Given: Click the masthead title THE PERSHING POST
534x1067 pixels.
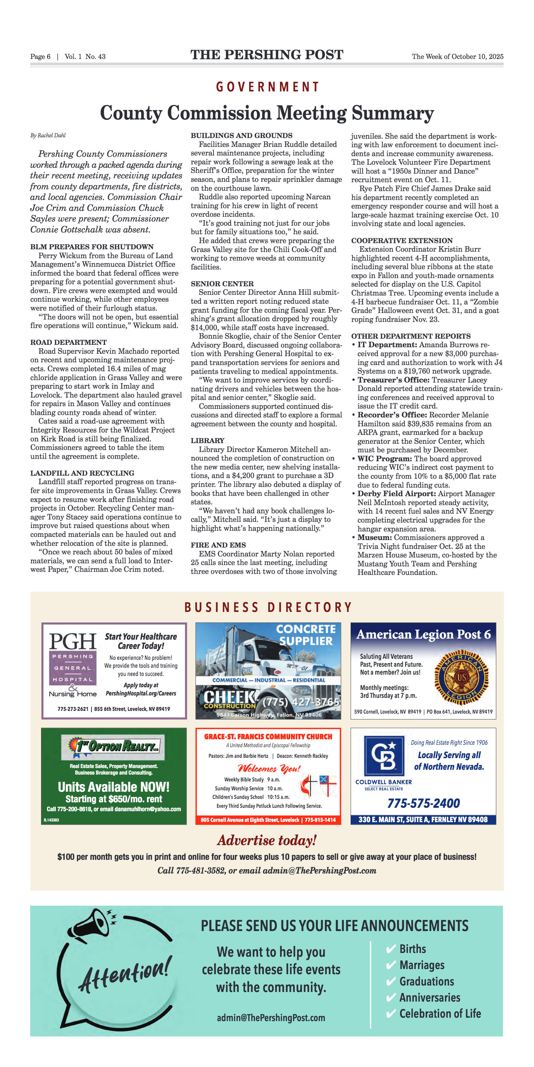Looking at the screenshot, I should (x=267, y=55).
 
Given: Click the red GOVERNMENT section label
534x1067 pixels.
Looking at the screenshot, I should (x=267, y=87).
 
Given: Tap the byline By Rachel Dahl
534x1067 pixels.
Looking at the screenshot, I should (x=48, y=136).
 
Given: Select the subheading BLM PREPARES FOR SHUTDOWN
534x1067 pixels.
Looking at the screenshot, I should (x=92, y=247).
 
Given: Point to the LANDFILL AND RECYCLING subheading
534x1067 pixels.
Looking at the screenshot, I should (x=82, y=473).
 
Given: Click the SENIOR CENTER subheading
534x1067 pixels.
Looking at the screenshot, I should (x=222, y=284).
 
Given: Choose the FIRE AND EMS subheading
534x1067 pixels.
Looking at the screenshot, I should (x=218, y=545).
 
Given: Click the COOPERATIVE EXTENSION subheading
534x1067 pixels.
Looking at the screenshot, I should (x=402, y=240).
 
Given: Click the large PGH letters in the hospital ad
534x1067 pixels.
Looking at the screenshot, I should (x=73, y=641).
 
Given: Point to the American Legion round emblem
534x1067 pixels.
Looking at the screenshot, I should (x=461, y=678).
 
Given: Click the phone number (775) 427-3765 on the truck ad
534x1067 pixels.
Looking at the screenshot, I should (x=301, y=702).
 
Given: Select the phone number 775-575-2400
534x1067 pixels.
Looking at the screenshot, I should (x=423, y=803).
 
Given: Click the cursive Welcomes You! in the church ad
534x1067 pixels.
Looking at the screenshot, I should (x=269, y=768).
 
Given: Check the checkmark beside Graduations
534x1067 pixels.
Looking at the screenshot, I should (x=390, y=982).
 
